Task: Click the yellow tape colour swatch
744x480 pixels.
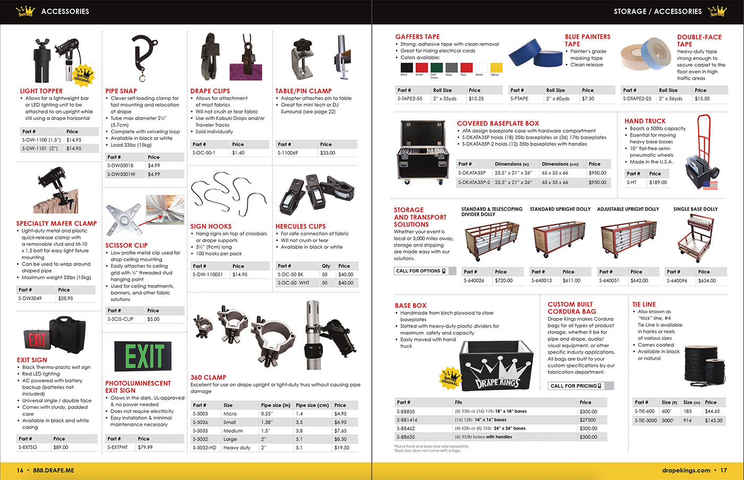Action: [x=496, y=67]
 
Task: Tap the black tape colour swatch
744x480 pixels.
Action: [x=407, y=67]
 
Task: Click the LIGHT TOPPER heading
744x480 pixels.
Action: [x=41, y=91]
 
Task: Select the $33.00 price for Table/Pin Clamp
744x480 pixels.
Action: [x=327, y=153]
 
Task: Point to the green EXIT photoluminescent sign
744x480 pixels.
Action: [x=145, y=356]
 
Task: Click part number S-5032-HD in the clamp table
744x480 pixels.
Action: [x=205, y=448]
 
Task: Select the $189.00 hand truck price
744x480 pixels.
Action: [x=658, y=182]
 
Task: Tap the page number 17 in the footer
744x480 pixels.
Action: [x=723, y=470]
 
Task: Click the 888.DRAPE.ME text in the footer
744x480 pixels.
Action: [x=53, y=470]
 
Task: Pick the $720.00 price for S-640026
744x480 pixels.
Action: [x=504, y=280]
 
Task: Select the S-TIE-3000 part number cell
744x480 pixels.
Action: [x=646, y=420]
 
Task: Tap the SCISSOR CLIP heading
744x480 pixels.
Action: [x=126, y=245]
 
